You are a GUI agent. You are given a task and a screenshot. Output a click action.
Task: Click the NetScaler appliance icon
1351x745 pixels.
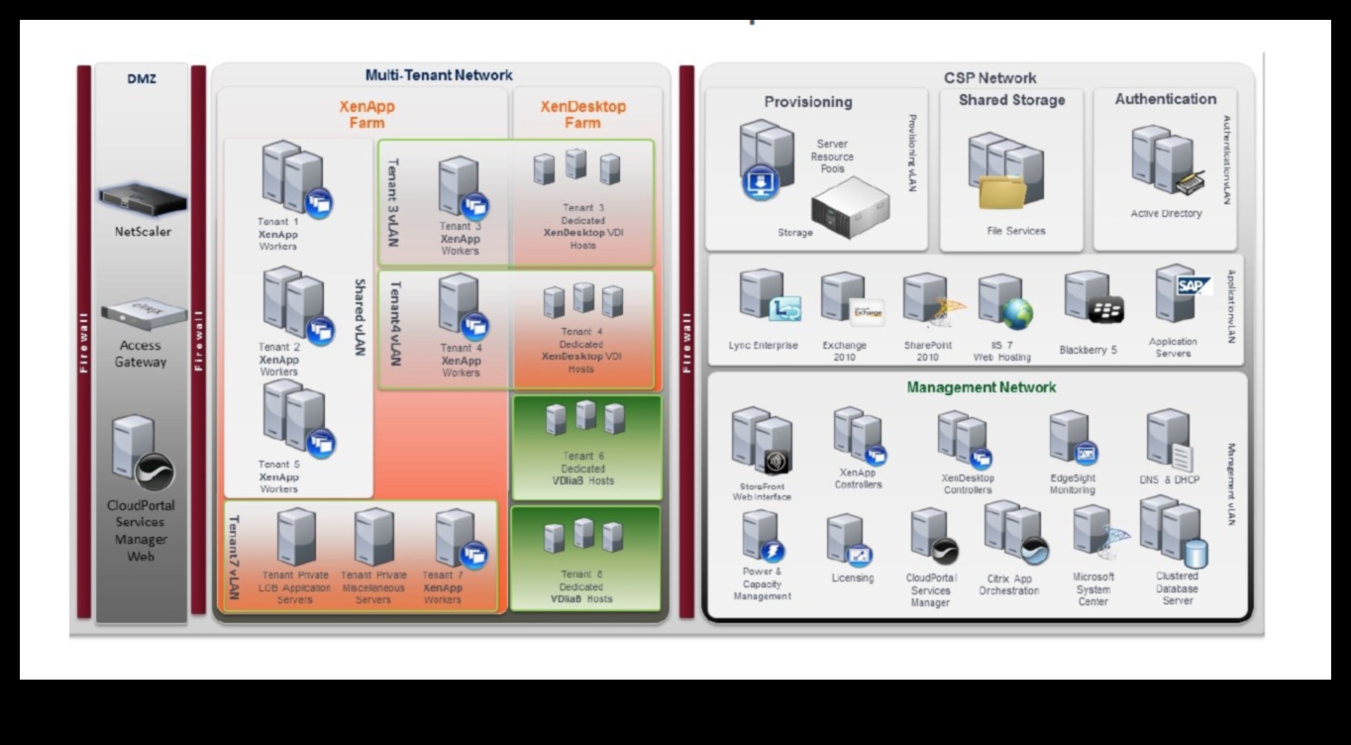point(143,200)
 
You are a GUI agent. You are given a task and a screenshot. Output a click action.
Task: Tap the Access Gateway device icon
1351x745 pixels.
point(143,314)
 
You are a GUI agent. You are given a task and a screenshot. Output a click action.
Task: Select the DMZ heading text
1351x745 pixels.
point(142,78)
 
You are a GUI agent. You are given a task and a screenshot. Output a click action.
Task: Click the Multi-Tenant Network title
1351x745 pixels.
point(439,75)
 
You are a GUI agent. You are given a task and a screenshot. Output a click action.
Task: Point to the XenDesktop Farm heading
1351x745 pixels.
point(582,114)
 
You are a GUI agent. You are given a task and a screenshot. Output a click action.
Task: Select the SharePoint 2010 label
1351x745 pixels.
point(927,351)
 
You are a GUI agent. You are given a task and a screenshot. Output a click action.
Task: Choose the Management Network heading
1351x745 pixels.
point(981,387)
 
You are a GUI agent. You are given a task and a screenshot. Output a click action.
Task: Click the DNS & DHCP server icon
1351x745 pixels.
point(1169,441)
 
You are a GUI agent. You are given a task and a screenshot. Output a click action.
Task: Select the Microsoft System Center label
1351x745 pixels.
point(1092,588)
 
